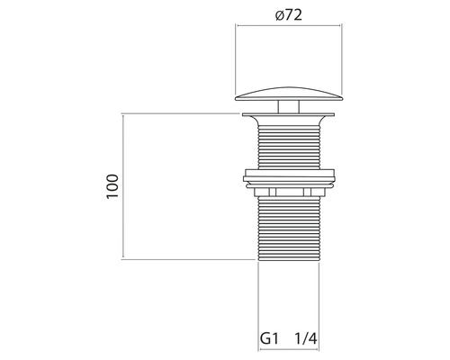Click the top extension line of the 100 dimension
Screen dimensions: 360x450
tap(180, 114)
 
